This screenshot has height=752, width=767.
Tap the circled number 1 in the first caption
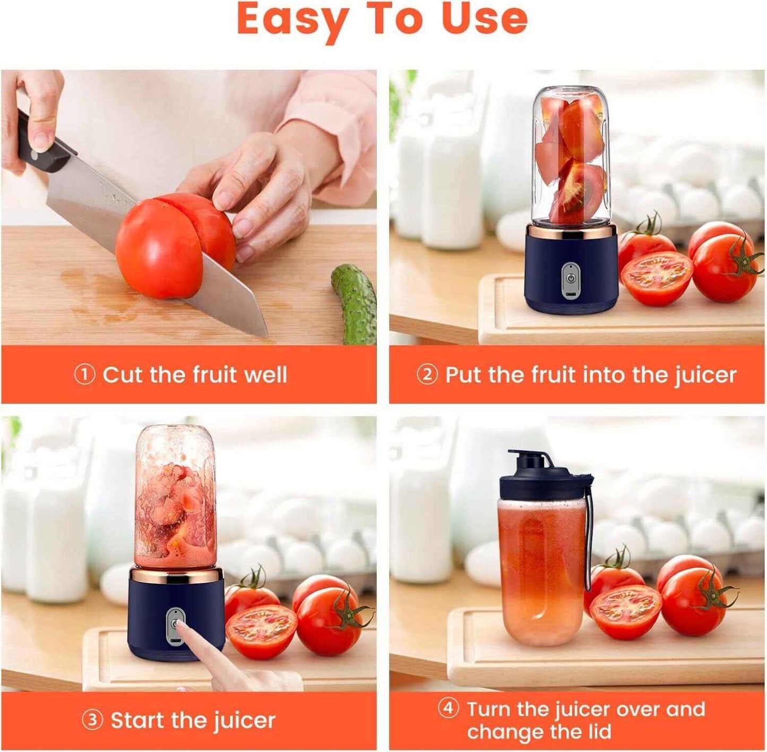click(84, 375)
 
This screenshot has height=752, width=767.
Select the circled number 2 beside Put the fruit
click(427, 375)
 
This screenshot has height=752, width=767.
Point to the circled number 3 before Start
click(92, 721)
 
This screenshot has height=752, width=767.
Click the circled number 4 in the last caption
click(448, 708)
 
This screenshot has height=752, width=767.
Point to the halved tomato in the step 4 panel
click(625, 611)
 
